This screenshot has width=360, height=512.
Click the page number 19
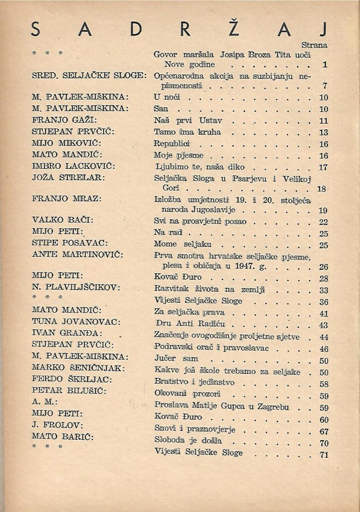[x=323, y=210]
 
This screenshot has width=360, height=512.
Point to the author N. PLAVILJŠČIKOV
[x=76, y=288]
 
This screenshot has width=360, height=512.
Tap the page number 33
[x=324, y=291]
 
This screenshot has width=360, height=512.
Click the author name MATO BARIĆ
[x=62, y=436]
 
